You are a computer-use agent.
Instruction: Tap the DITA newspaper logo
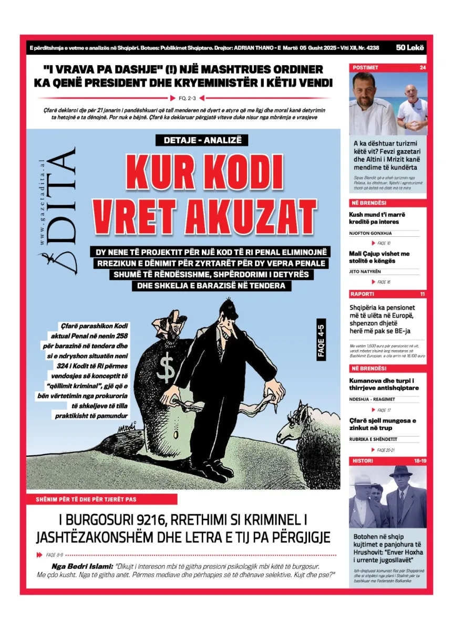click(58, 210)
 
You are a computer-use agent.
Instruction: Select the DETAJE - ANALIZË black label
click(202, 140)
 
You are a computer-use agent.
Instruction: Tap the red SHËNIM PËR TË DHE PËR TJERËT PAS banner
click(102, 499)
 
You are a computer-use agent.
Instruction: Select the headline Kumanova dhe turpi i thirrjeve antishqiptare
click(384, 384)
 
